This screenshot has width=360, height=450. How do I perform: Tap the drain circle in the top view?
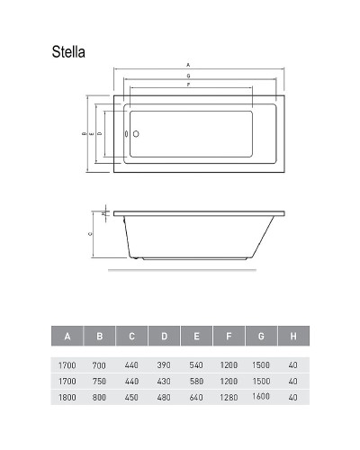pos(137,133)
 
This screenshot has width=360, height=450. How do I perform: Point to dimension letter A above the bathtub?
pos(187,65)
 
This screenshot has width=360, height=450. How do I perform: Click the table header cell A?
pos(67,337)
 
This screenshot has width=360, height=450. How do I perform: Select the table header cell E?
pos(196,337)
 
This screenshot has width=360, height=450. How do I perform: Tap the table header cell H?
pos(292,337)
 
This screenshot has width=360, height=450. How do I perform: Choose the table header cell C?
pos(131,337)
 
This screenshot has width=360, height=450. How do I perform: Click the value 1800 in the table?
pos(67,397)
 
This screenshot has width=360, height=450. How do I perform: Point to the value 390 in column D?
pos(164,366)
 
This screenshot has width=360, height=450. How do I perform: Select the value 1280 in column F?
pos(229,397)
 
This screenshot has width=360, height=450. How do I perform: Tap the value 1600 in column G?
pos(261,396)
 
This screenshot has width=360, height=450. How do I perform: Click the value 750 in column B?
pos(99,382)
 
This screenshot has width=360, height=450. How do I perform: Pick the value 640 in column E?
pos(196,397)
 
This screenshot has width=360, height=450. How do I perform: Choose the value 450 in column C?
pos(131,397)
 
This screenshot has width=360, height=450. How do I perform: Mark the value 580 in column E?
pos(196,382)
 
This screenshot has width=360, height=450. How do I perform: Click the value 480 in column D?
pos(164,397)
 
